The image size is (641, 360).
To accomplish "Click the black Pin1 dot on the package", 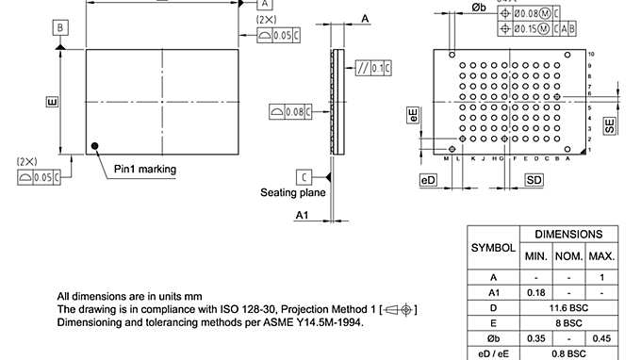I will pyautogui.click(x=95, y=145).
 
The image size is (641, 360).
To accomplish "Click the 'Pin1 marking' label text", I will pyautogui.click(x=145, y=170).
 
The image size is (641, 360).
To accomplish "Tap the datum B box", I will pyautogui.click(x=60, y=28).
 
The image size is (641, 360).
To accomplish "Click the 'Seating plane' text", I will pyautogui.click(x=293, y=192).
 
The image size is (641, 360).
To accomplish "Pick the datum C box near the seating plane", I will pyautogui.click(x=304, y=176).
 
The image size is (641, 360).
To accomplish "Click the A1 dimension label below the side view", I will pyautogui.click(x=303, y=216).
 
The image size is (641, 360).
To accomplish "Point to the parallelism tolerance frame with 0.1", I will pyautogui.click(x=373, y=69).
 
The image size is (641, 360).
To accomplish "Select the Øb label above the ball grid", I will pyautogui.click(x=478, y=8).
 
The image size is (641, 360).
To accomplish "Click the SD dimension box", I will pyautogui.click(x=534, y=179).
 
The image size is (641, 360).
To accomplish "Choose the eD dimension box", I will pyautogui.click(x=428, y=179).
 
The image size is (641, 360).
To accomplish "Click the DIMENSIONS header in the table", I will pyautogui.click(x=568, y=234).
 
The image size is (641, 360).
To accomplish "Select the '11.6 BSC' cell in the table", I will pyautogui.click(x=568, y=308).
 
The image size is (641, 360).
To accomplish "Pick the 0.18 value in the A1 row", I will pyautogui.click(x=535, y=293).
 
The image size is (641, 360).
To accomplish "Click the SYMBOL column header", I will pyautogui.click(x=493, y=248).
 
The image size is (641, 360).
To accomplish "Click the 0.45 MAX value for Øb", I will pyautogui.click(x=601, y=338).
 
